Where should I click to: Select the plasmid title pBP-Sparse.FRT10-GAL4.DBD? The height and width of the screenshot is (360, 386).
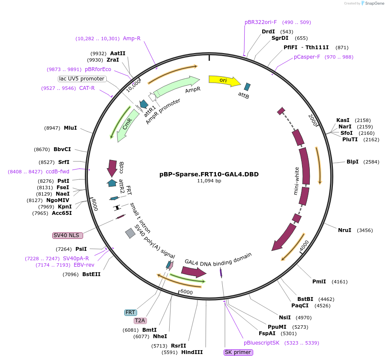point(209,174)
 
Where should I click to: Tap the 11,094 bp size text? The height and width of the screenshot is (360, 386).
point(209,181)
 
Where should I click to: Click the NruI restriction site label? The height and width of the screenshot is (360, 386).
point(344,230)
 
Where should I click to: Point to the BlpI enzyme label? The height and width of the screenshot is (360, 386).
point(352,162)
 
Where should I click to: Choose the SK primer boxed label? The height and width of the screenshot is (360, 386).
point(238,352)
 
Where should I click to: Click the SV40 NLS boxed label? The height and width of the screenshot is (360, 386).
point(68,235)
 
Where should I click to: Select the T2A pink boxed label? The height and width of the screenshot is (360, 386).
point(140,320)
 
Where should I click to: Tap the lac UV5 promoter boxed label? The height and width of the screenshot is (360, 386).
point(82,79)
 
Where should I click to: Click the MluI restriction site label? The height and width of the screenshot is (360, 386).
point(70,128)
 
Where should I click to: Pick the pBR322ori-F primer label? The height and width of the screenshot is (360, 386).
point(260,22)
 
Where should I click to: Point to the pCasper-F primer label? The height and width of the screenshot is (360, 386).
point(307,57)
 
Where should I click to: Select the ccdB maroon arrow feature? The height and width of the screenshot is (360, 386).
point(112,168)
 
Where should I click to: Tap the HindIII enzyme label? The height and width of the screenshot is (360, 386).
point(192,352)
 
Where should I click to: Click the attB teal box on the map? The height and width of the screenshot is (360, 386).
point(247,87)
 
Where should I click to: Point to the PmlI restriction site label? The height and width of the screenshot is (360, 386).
point(319,282)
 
